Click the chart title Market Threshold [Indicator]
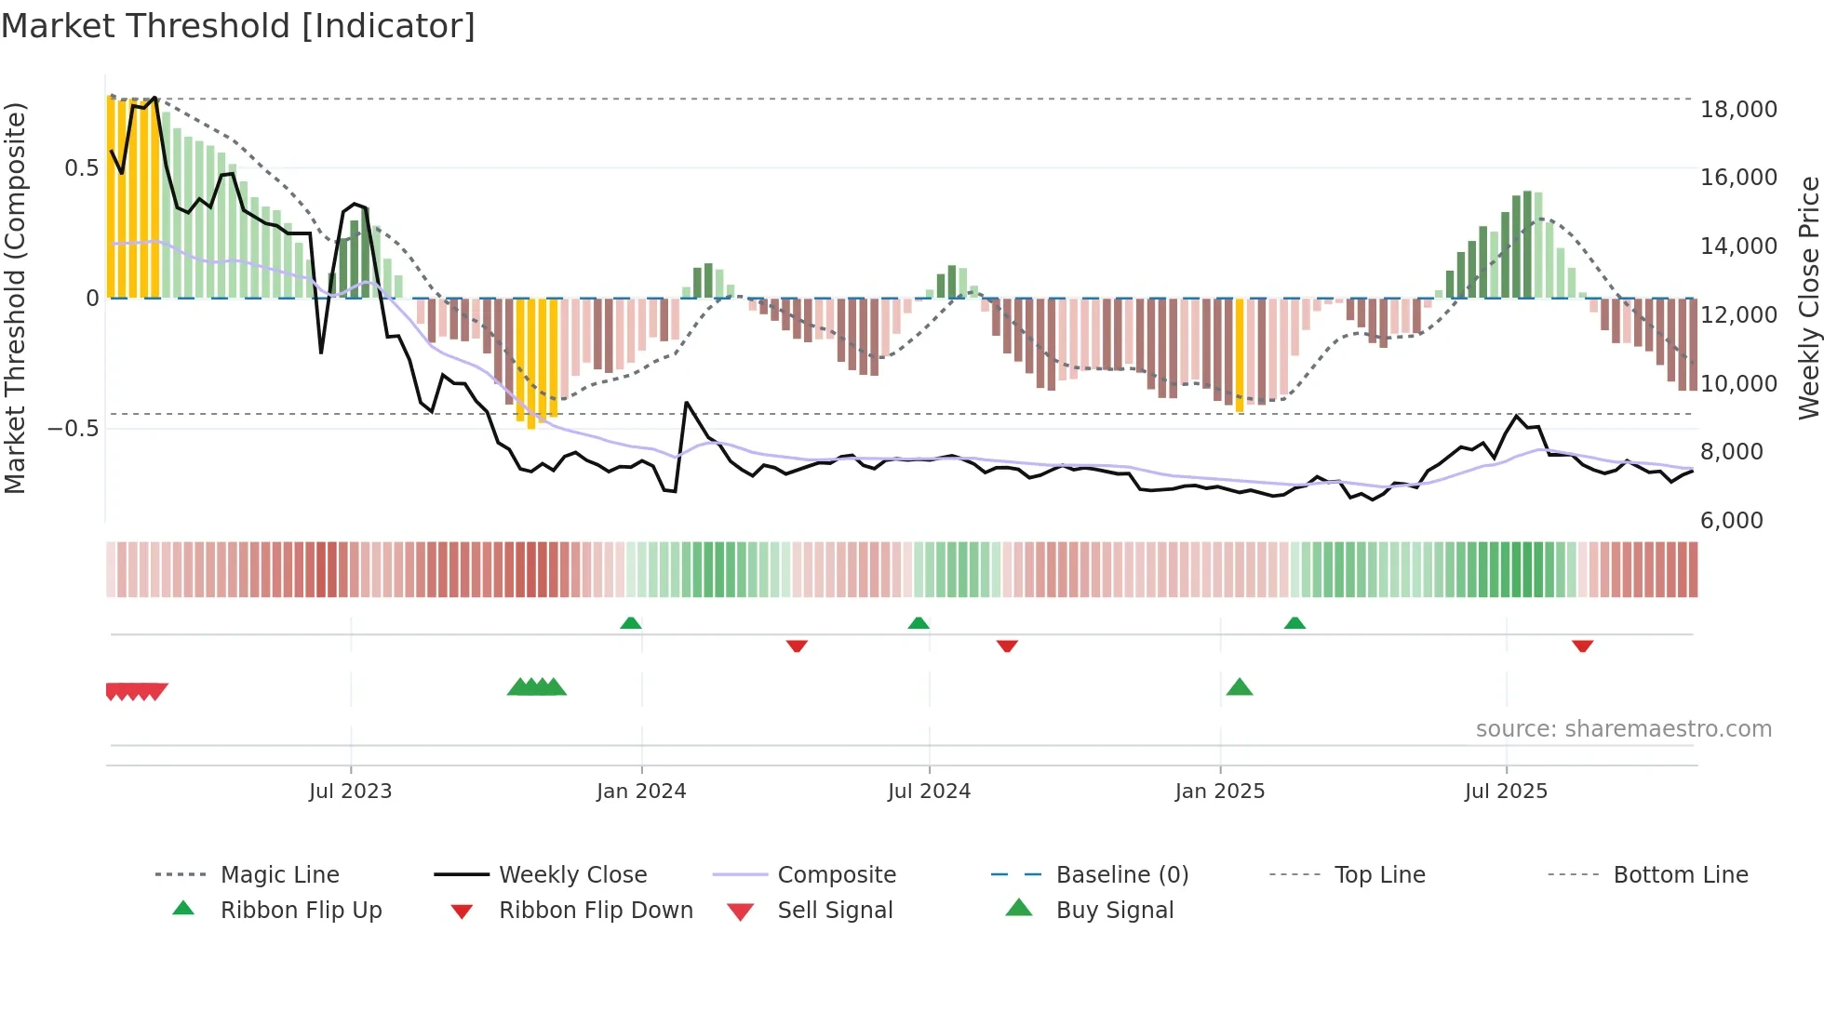(x=238, y=26)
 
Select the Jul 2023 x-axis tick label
(x=350, y=792)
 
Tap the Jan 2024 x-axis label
(x=641, y=792)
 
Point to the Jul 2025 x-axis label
(x=1506, y=792)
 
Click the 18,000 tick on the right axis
(x=1738, y=110)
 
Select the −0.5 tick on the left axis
(x=73, y=429)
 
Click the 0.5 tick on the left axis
(x=81, y=168)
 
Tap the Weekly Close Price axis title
(x=1808, y=298)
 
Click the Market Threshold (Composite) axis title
(x=15, y=298)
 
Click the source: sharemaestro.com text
(x=1623, y=729)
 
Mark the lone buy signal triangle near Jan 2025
(x=1240, y=687)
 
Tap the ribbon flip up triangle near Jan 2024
(x=631, y=622)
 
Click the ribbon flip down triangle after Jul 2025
(x=1583, y=646)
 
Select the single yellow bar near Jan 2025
(x=1240, y=354)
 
